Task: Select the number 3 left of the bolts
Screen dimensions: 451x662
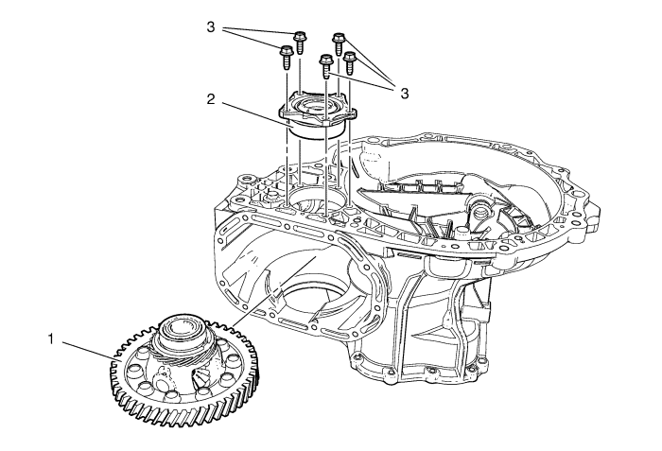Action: click(210, 27)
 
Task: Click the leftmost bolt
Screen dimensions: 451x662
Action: click(284, 56)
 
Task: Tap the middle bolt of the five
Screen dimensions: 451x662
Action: click(326, 66)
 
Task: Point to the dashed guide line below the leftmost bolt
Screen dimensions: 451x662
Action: click(286, 142)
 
